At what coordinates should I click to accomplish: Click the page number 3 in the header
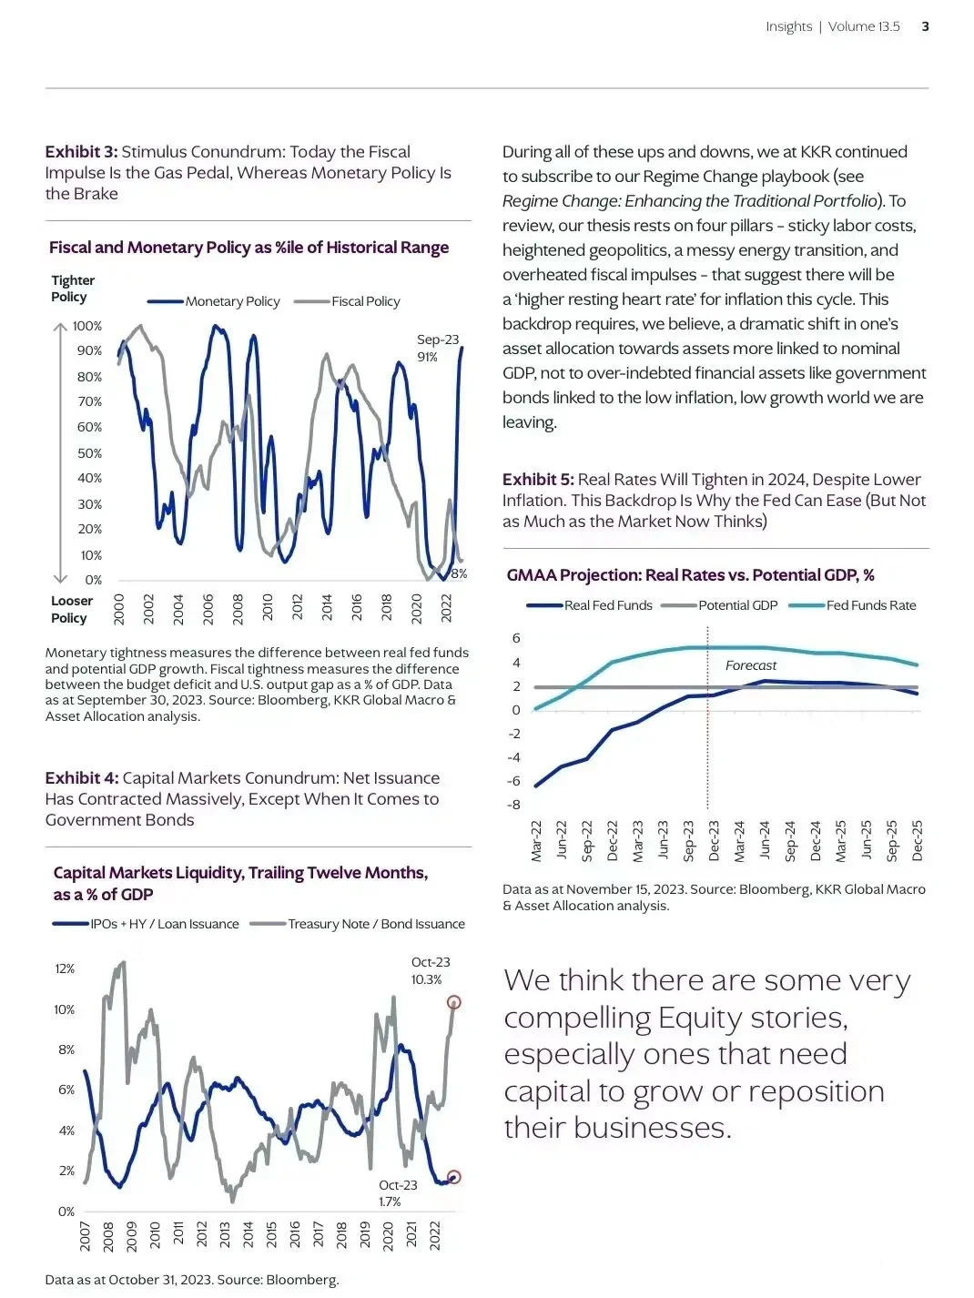tap(925, 26)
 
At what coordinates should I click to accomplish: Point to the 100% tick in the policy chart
tap(87, 326)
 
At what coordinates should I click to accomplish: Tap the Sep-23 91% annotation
tap(437, 348)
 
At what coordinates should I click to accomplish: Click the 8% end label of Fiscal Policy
tap(459, 573)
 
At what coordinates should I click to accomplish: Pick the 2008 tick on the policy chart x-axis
tap(238, 607)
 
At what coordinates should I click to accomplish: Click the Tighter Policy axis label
tap(73, 289)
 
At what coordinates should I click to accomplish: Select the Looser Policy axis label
tap(71, 609)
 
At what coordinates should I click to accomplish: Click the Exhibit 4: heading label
tap(82, 778)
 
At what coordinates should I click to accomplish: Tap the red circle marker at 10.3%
tap(454, 1002)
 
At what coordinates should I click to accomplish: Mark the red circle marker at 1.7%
tap(454, 1177)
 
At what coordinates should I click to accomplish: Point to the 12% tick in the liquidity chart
tap(65, 968)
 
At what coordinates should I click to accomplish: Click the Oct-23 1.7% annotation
tap(398, 1193)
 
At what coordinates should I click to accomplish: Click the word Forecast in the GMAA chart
tap(751, 665)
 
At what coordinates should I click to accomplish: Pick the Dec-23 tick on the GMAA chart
tap(714, 840)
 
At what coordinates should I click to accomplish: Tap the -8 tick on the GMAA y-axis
tap(514, 805)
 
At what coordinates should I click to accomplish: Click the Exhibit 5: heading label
tap(538, 480)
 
